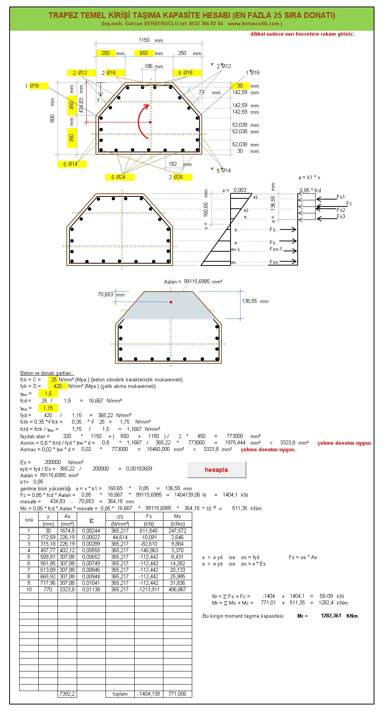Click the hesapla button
(x=216, y=470)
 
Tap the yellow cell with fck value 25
(x=53, y=379)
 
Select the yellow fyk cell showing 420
(x=58, y=386)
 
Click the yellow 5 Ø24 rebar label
(x=120, y=177)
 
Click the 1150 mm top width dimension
(x=144, y=40)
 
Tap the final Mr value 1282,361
(x=331, y=615)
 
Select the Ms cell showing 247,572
(x=177, y=531)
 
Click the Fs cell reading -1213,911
(x=149, y=589)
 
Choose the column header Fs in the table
(x=149, y=516)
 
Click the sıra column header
(x=29, y=520)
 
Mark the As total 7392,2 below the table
(x=67, y=694)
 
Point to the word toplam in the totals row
(x=120, y=694)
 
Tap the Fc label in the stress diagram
(x=349, y=203)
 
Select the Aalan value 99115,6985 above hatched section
(x=203, y=281)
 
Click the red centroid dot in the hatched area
(x=171, y=302)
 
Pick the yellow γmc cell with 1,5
(x=48, y=393)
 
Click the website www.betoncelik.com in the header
(x=253, y=23)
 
